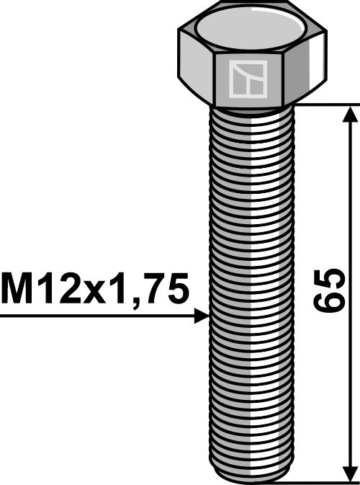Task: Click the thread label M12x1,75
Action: (x=95, y=290)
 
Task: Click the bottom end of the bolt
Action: (x=248, y=478)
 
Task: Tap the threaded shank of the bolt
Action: (x=248, y=288)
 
